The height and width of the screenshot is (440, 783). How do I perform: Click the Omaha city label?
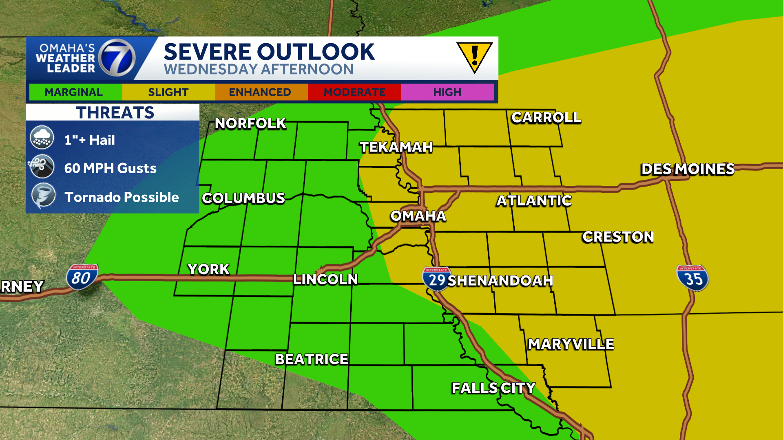(418, 216)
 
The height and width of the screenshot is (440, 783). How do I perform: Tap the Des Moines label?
(688, 169)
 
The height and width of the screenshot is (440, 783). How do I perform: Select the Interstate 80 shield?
(82, 277)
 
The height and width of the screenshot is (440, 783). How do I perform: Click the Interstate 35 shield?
(692, 278)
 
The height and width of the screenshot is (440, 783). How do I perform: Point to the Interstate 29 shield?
(436, 279)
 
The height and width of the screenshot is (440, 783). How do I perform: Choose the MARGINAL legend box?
(74, 92)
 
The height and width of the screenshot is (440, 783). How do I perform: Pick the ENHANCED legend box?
(260, 92)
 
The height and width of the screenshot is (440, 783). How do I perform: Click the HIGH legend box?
(447, 92)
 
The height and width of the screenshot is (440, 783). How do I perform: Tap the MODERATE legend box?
(354, 92)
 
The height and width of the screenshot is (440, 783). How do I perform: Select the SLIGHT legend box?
(168, 92)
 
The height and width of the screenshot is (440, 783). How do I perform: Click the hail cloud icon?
(42, 138)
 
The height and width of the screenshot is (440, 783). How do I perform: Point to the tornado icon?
(43, 196)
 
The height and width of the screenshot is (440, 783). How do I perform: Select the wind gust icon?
(42, 167)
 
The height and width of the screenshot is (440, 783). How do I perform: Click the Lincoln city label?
(325, 279)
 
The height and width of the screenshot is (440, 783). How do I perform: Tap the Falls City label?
(493, 387)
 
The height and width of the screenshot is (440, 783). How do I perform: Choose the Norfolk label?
(250, 123)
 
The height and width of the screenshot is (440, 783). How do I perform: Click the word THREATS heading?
(115, 112)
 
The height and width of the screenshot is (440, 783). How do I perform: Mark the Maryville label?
(571, 344)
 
